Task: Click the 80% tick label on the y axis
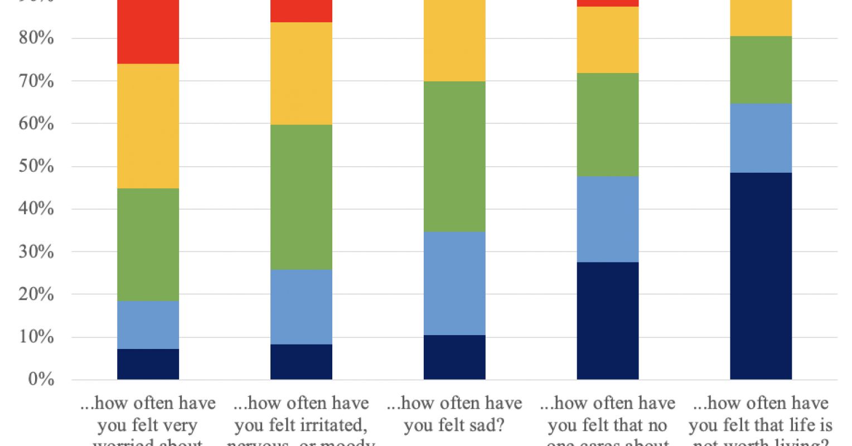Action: coord(36,38)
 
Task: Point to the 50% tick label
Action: coord(36,166)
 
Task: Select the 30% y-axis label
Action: coord(36,251)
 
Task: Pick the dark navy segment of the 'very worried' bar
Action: coord(148,365)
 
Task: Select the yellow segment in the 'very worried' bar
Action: coord(148,126)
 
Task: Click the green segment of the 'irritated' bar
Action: coord(301,197)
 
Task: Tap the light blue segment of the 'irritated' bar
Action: coord(301,307)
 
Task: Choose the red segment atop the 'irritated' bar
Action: coord(301,11)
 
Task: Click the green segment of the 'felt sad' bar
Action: coord(454,157)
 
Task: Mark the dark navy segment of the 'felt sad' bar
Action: coord(454,357)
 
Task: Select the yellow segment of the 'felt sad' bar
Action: coord(454,41)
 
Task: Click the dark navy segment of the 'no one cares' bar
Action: coord(608,321)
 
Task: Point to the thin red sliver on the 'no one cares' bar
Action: coord(608,3)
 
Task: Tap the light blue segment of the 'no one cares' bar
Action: coord(608,219)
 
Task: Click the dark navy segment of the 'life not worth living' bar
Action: coord(761,276)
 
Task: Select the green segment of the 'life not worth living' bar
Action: coord(761,70)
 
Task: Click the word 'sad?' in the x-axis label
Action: coord(486,426)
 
